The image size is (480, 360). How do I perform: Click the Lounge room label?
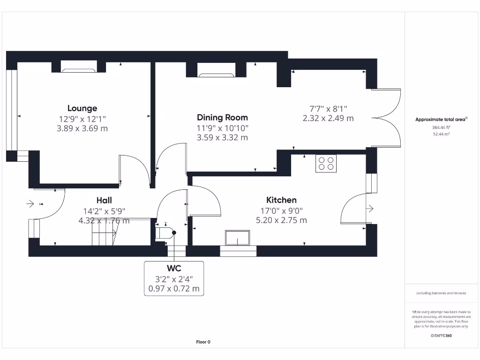coord(82,108)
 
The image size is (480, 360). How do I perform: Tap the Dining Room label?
coord(222,118)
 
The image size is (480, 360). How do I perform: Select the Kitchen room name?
coord(281,200)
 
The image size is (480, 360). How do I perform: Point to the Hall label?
coord(104,200)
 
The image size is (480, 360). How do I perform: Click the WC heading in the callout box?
coord(174,268)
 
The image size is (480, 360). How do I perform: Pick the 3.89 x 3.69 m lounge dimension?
coord(82,128)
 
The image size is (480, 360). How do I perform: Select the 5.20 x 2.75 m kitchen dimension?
coord(281,220)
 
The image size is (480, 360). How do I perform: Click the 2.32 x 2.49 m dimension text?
coord(328,118)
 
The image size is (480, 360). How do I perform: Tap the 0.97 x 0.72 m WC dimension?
coord(174,288)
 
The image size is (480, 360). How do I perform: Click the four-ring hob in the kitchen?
coord(326,164)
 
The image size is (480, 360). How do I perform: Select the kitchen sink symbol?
coord(237,238)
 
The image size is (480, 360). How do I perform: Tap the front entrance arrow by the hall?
coord(30,203)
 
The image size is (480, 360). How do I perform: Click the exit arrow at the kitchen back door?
coord(370,209)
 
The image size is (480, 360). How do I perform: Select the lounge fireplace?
coord(78,70)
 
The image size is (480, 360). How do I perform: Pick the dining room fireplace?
coord(217,75)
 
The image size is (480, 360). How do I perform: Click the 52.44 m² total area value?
coord(441,134)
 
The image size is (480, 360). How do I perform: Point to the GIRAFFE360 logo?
coord(441,336)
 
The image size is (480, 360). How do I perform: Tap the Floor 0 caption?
coord(203,342)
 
